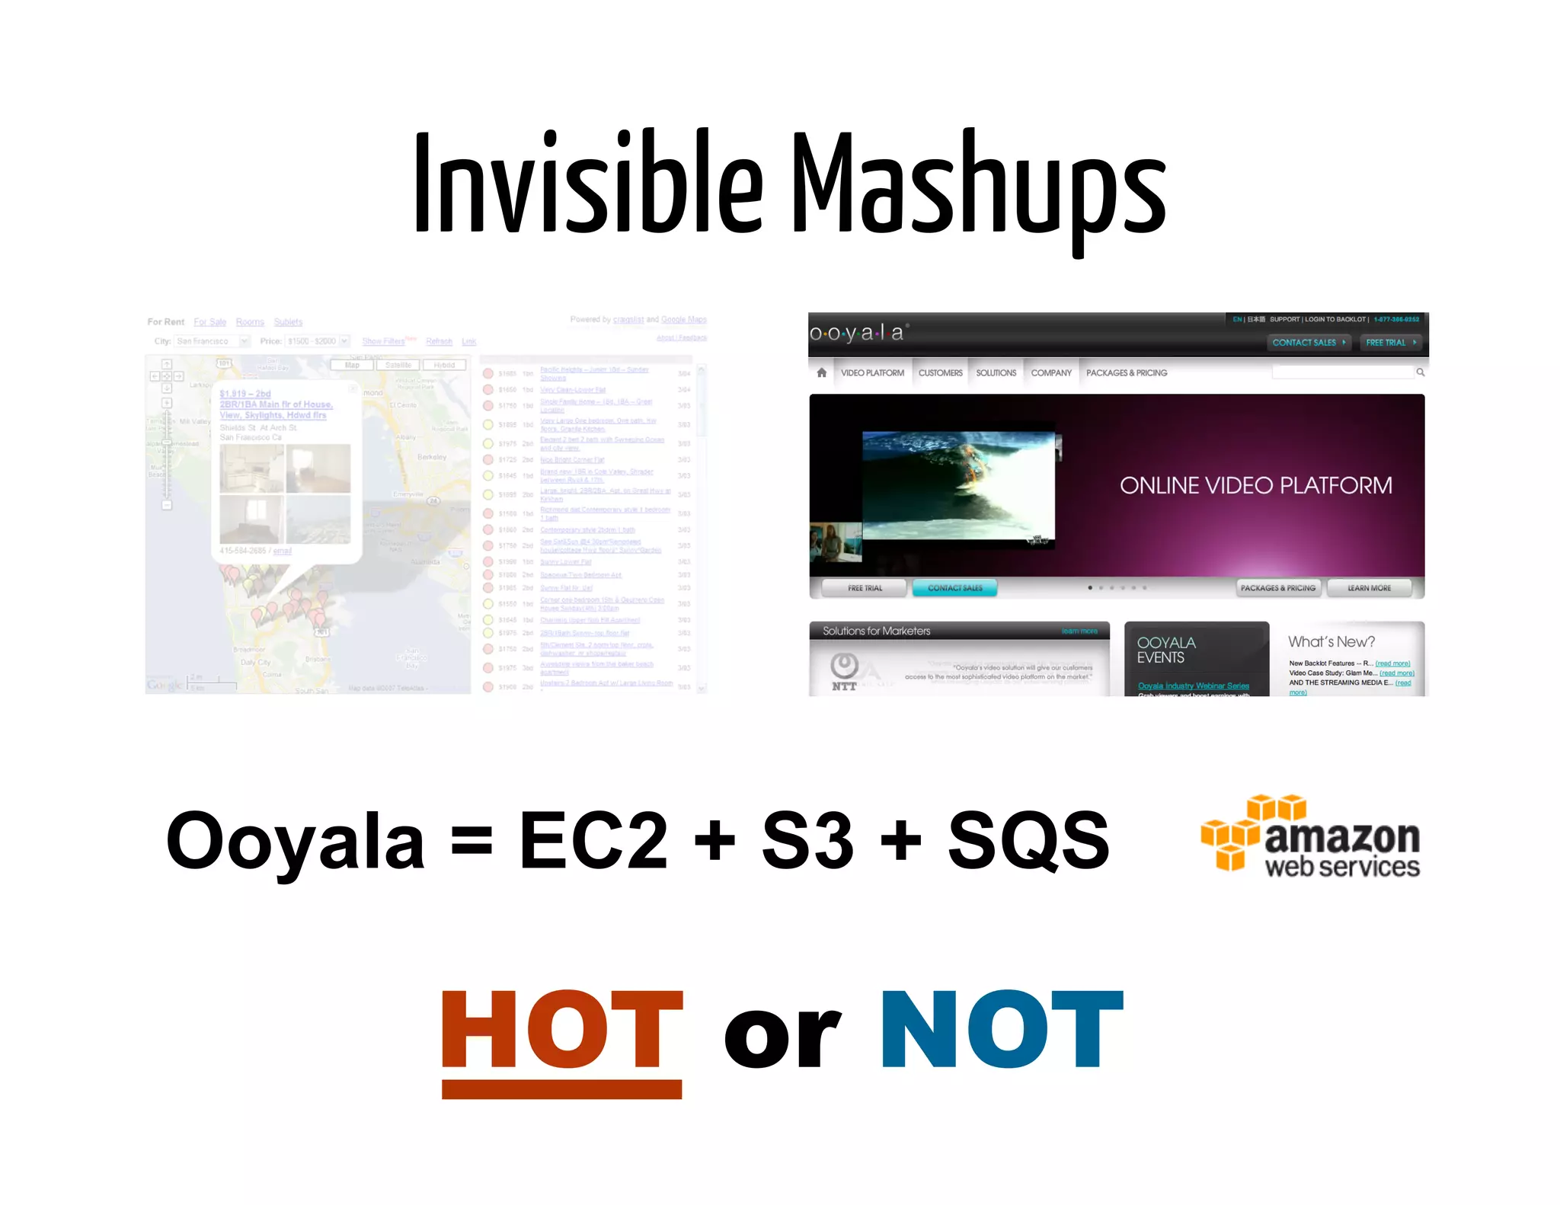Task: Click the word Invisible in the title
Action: coord(587,183)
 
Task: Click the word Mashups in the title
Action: coord(979,187)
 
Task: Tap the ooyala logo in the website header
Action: coord(857,333)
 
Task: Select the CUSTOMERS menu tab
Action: coord(940,373)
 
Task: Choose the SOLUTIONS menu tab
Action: coord(996,373)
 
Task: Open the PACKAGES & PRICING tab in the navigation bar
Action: coord(1126,373)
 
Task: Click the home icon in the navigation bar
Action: coord(821,373)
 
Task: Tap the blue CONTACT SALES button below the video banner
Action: coord(954,588)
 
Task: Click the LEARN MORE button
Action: coord(1369,588)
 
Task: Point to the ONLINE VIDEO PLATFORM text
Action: coord(1255,486)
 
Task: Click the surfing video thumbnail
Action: coord(958,486)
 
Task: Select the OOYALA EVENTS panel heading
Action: coord(1165,650)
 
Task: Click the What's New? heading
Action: coord(1331,642)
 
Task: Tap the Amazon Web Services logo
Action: coord(1310,836)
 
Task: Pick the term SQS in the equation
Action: coord(1028,840)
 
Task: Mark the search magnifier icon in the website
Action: coord(1420,372)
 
